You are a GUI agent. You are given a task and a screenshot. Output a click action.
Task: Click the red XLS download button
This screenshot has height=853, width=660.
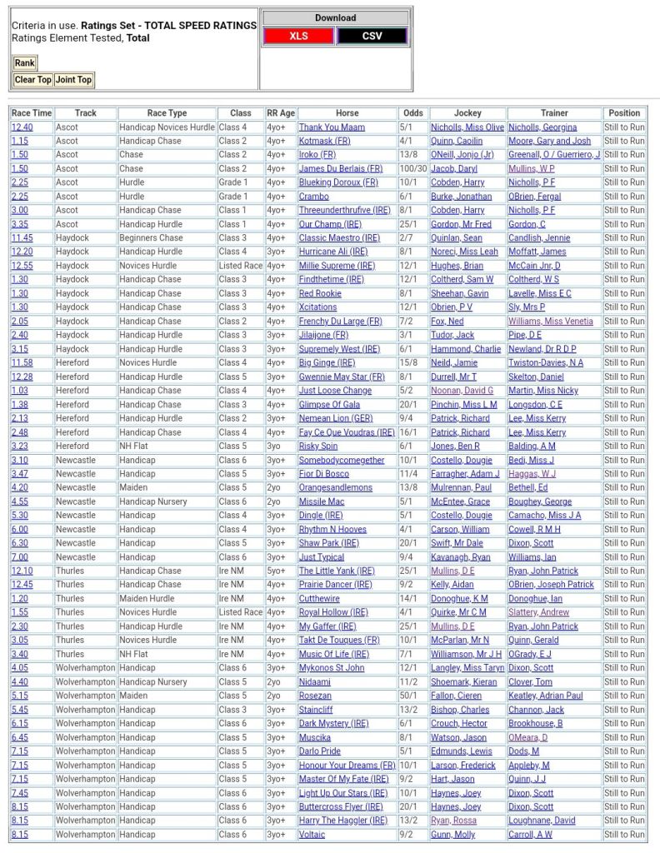tap(298, 36)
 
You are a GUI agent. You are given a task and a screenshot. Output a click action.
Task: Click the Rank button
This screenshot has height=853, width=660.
tap(25, 62)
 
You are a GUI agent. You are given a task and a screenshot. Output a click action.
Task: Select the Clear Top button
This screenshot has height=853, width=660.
tap(32, 80)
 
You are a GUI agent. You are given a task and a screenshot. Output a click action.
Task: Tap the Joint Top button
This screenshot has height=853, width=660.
tap(73, 80)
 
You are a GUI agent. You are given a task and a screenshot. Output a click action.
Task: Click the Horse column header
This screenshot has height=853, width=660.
tap(347, 113)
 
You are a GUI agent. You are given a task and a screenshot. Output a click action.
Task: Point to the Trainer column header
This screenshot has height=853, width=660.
tap(554, 113)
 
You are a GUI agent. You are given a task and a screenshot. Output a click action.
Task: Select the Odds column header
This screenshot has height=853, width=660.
tap(412, 113)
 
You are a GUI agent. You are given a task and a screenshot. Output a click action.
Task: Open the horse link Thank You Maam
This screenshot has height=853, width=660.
tap(332, 127)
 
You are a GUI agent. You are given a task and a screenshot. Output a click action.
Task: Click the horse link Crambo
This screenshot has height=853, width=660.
tap(313, 197)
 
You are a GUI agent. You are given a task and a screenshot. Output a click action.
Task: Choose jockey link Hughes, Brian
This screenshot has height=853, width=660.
tap(456, 266)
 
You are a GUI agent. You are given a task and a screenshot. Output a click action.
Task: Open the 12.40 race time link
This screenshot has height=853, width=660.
tap(22, 127)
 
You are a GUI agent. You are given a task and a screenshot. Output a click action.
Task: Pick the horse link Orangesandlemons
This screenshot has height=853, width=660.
tap(336, 487)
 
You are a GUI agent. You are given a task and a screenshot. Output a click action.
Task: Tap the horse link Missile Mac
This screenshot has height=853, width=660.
tap(322, 501)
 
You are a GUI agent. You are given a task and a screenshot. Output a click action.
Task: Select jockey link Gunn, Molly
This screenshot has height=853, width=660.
tap(452, 834)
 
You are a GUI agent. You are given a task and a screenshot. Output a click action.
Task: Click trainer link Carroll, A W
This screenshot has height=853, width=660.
tap(530, 834)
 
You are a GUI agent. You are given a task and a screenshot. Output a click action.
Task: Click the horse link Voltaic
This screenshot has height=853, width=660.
tap(312, 834)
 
